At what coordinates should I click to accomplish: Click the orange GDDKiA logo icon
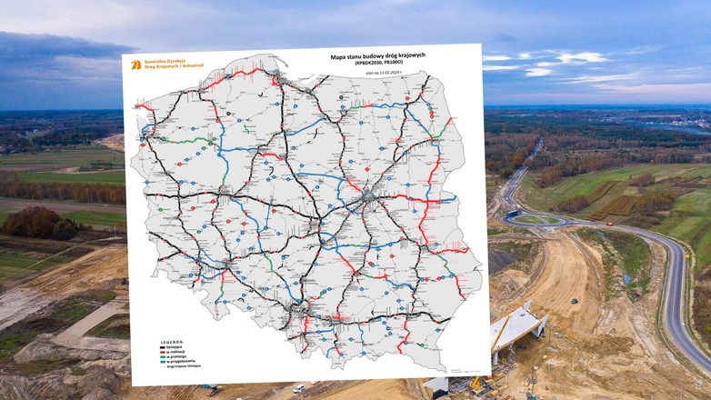(x=135, y=65)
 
